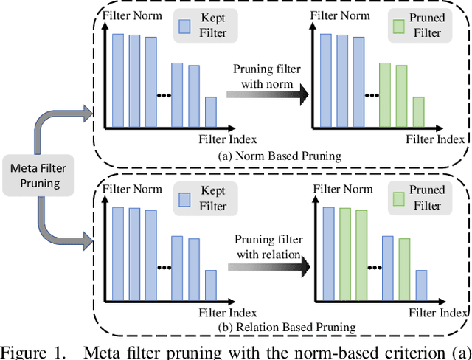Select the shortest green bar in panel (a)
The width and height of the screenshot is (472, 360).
click(419, 111)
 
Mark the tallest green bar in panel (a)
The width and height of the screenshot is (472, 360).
click(384, 94)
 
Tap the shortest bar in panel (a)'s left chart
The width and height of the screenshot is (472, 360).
click(211, 111)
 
